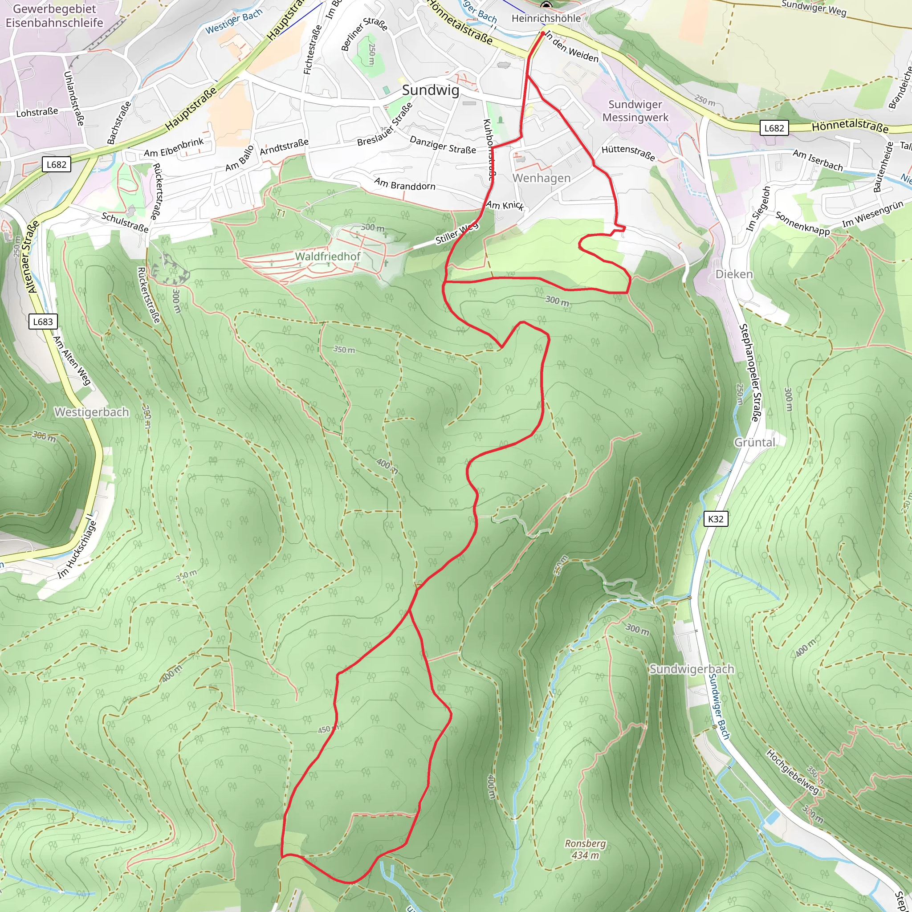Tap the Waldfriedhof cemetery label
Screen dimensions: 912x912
point(328,256)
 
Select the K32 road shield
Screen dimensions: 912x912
point(716,519)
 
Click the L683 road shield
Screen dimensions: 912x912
point(43,322)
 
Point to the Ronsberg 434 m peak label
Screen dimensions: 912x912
point(585,849)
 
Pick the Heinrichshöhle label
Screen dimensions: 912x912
point(546,18)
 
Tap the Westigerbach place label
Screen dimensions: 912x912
point(92,412)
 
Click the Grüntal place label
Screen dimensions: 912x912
point(754,442)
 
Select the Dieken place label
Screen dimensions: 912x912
point(733,274)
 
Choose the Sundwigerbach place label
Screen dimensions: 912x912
point(692,669)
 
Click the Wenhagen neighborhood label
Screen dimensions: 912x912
point(541,178)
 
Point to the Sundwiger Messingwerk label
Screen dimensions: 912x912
point(635,111)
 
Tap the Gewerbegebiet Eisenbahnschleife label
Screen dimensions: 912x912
point(54,16)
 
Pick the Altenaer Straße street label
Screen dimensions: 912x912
point(29,258)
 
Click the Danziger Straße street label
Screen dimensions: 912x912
point(442,145)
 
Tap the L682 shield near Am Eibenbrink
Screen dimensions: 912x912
point(57,164)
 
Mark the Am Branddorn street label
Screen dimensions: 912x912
point(404,184)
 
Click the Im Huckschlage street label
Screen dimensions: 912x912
point(77,549)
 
